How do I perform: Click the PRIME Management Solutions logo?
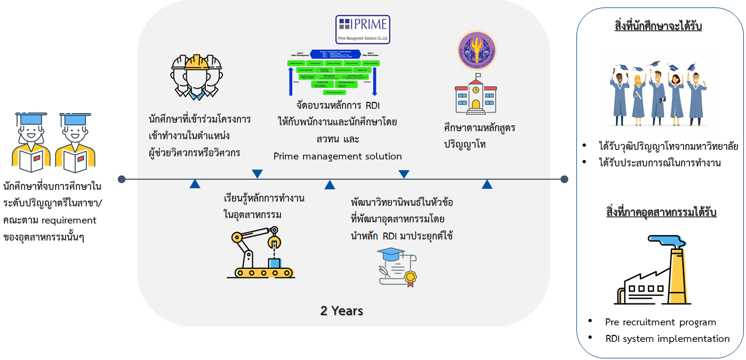tap(363, 29)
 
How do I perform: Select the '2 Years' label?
tap(341, 310)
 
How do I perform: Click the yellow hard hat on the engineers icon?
tap(196, 62)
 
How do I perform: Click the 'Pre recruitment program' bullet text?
tap(660, 322)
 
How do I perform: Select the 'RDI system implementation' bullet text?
tap(667, 339)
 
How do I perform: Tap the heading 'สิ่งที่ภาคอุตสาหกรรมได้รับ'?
tap(661, 212)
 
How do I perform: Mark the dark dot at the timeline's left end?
tap(122, 179)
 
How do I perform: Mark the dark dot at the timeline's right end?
tap(564, 179)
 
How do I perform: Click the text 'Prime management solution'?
tap(338, 156)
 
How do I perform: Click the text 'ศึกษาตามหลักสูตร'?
tap(479, 129)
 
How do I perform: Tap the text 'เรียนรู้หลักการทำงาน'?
tap(264, 198)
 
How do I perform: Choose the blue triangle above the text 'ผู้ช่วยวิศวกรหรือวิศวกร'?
tap(257, 173)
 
